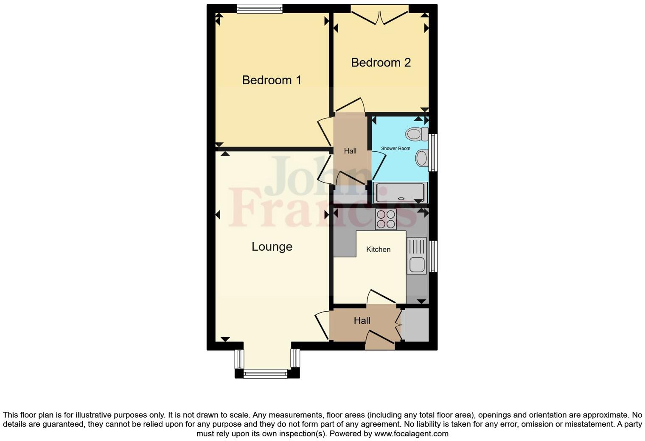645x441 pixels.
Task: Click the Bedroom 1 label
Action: point(272,80)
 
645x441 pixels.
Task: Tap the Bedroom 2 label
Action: point(381,63)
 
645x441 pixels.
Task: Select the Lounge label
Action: point(272,247)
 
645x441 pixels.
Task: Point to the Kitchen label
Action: point(378,250)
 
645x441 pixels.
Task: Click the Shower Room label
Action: point(395,149)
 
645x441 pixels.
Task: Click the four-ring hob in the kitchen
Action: point(385,219)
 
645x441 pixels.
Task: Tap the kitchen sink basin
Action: point(417,265)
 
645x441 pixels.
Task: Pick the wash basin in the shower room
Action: point(421,158)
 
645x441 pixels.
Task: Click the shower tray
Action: point(400,193)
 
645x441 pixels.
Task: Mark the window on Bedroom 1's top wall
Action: point(260,8)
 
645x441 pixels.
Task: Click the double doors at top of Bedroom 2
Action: point(380,14)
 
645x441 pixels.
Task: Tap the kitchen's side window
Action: point(433,256)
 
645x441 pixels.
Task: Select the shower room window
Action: point(433,153)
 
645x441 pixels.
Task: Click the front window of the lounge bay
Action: point(265,374)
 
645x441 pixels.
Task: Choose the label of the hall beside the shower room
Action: point(350,151)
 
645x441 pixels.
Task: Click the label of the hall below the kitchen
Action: point(362,321)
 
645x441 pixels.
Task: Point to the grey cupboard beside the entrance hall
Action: point(415,325)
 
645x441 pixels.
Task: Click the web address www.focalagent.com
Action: point(411,434)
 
